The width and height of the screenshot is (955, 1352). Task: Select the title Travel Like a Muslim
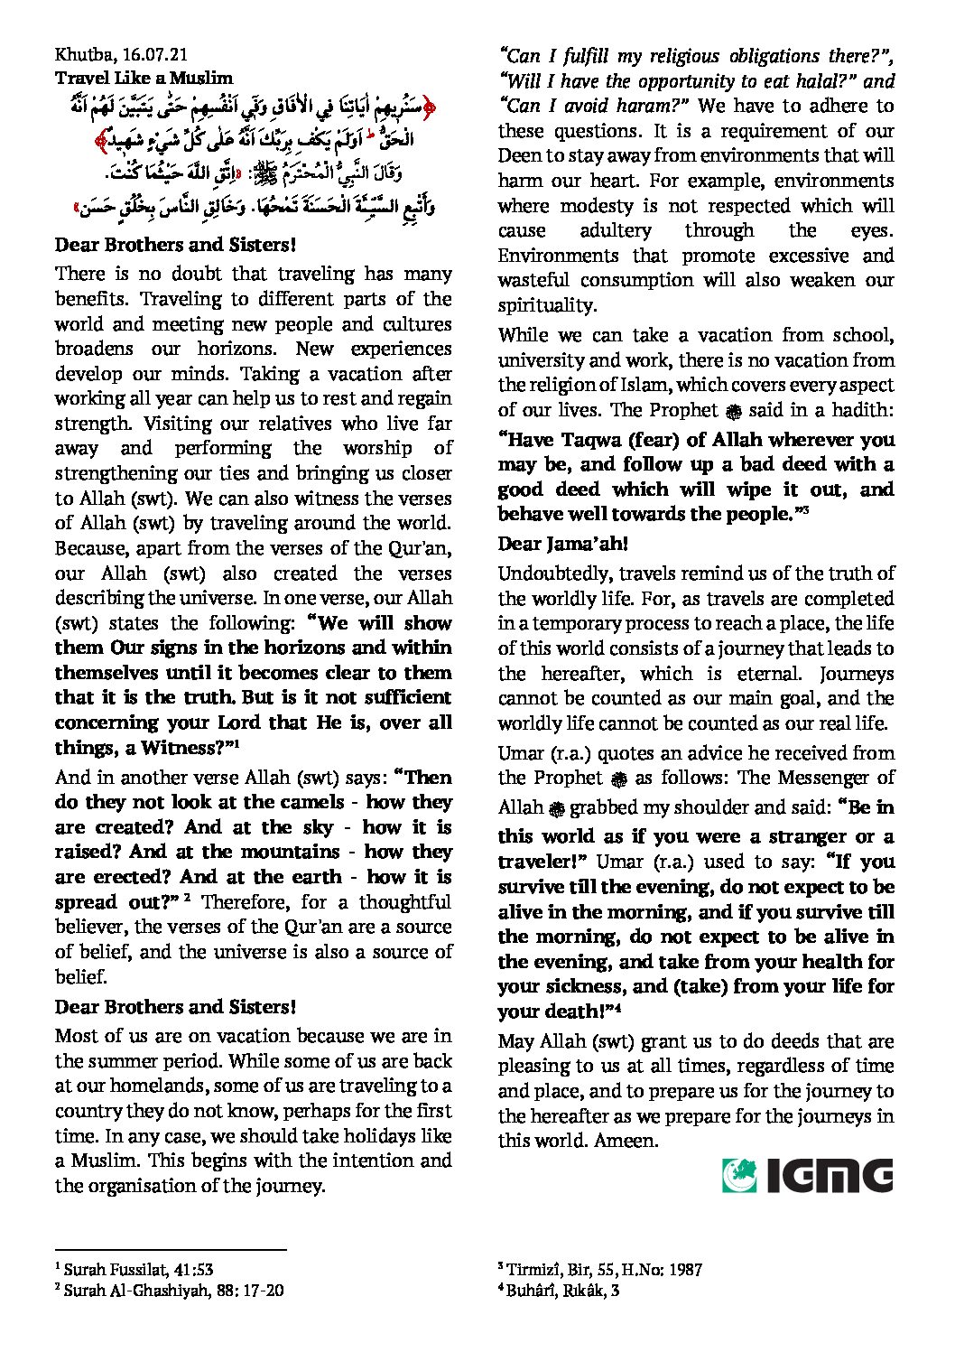click(144, 79)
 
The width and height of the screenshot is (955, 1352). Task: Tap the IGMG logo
click(807, 1176)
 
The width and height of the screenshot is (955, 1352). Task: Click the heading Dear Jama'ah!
click(562, 544)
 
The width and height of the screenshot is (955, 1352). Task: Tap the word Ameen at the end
click(625, 1141)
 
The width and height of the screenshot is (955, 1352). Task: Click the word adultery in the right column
click(615, 230)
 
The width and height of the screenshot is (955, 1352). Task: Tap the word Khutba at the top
click(79, 55)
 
